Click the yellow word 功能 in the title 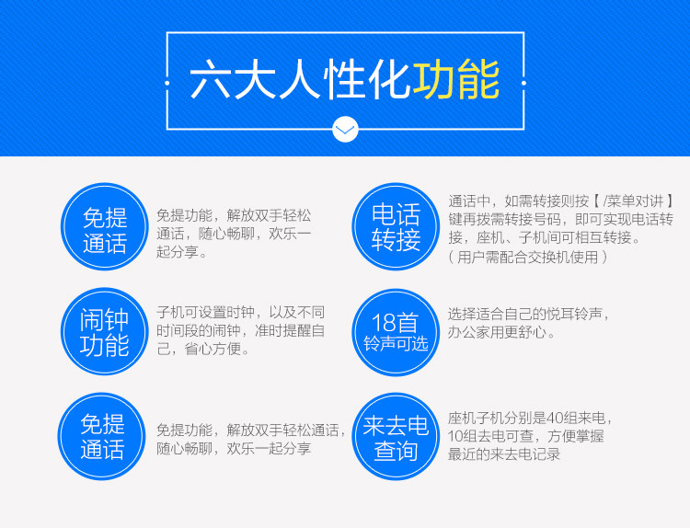(456, 80)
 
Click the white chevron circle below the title (345, 130)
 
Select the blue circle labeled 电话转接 (396, 226)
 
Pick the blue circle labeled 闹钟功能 (104, 331)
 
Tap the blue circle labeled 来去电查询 (396, 437)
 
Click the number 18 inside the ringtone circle (384, 323)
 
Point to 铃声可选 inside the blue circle (396, 344)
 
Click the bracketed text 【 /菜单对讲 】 (632, 201)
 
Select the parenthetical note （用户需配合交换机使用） (527, 257)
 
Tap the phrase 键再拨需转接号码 (505, 219)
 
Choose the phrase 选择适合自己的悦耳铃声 (525, 315)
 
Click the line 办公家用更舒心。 (501, 332)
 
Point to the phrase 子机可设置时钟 (205, 313)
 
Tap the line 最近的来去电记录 (504, 454)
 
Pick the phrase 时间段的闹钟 (199, 330)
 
